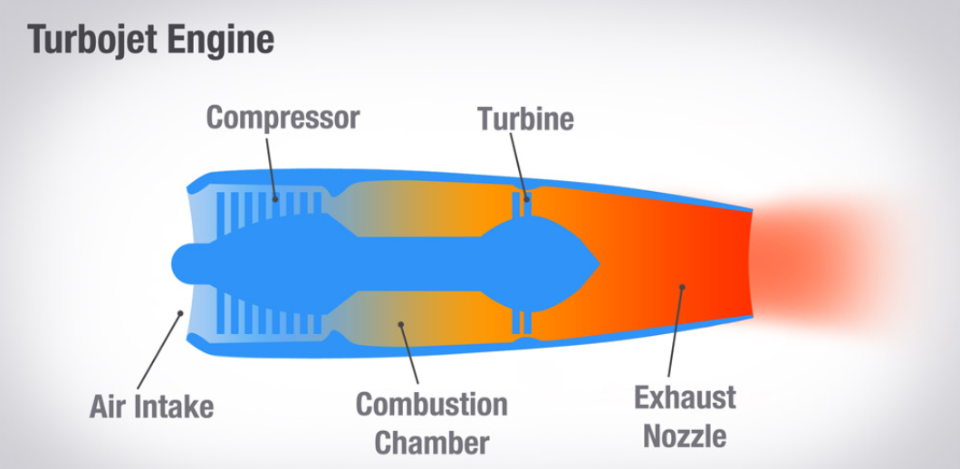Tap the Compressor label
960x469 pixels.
283,118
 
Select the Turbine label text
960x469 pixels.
525,119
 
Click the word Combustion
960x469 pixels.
431,405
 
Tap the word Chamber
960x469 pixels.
432,443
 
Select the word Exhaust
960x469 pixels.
684,397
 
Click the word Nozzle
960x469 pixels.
685,436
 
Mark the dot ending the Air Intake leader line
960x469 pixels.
181,314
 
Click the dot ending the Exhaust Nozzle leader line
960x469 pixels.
681,287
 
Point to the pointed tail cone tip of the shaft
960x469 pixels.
598,263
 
